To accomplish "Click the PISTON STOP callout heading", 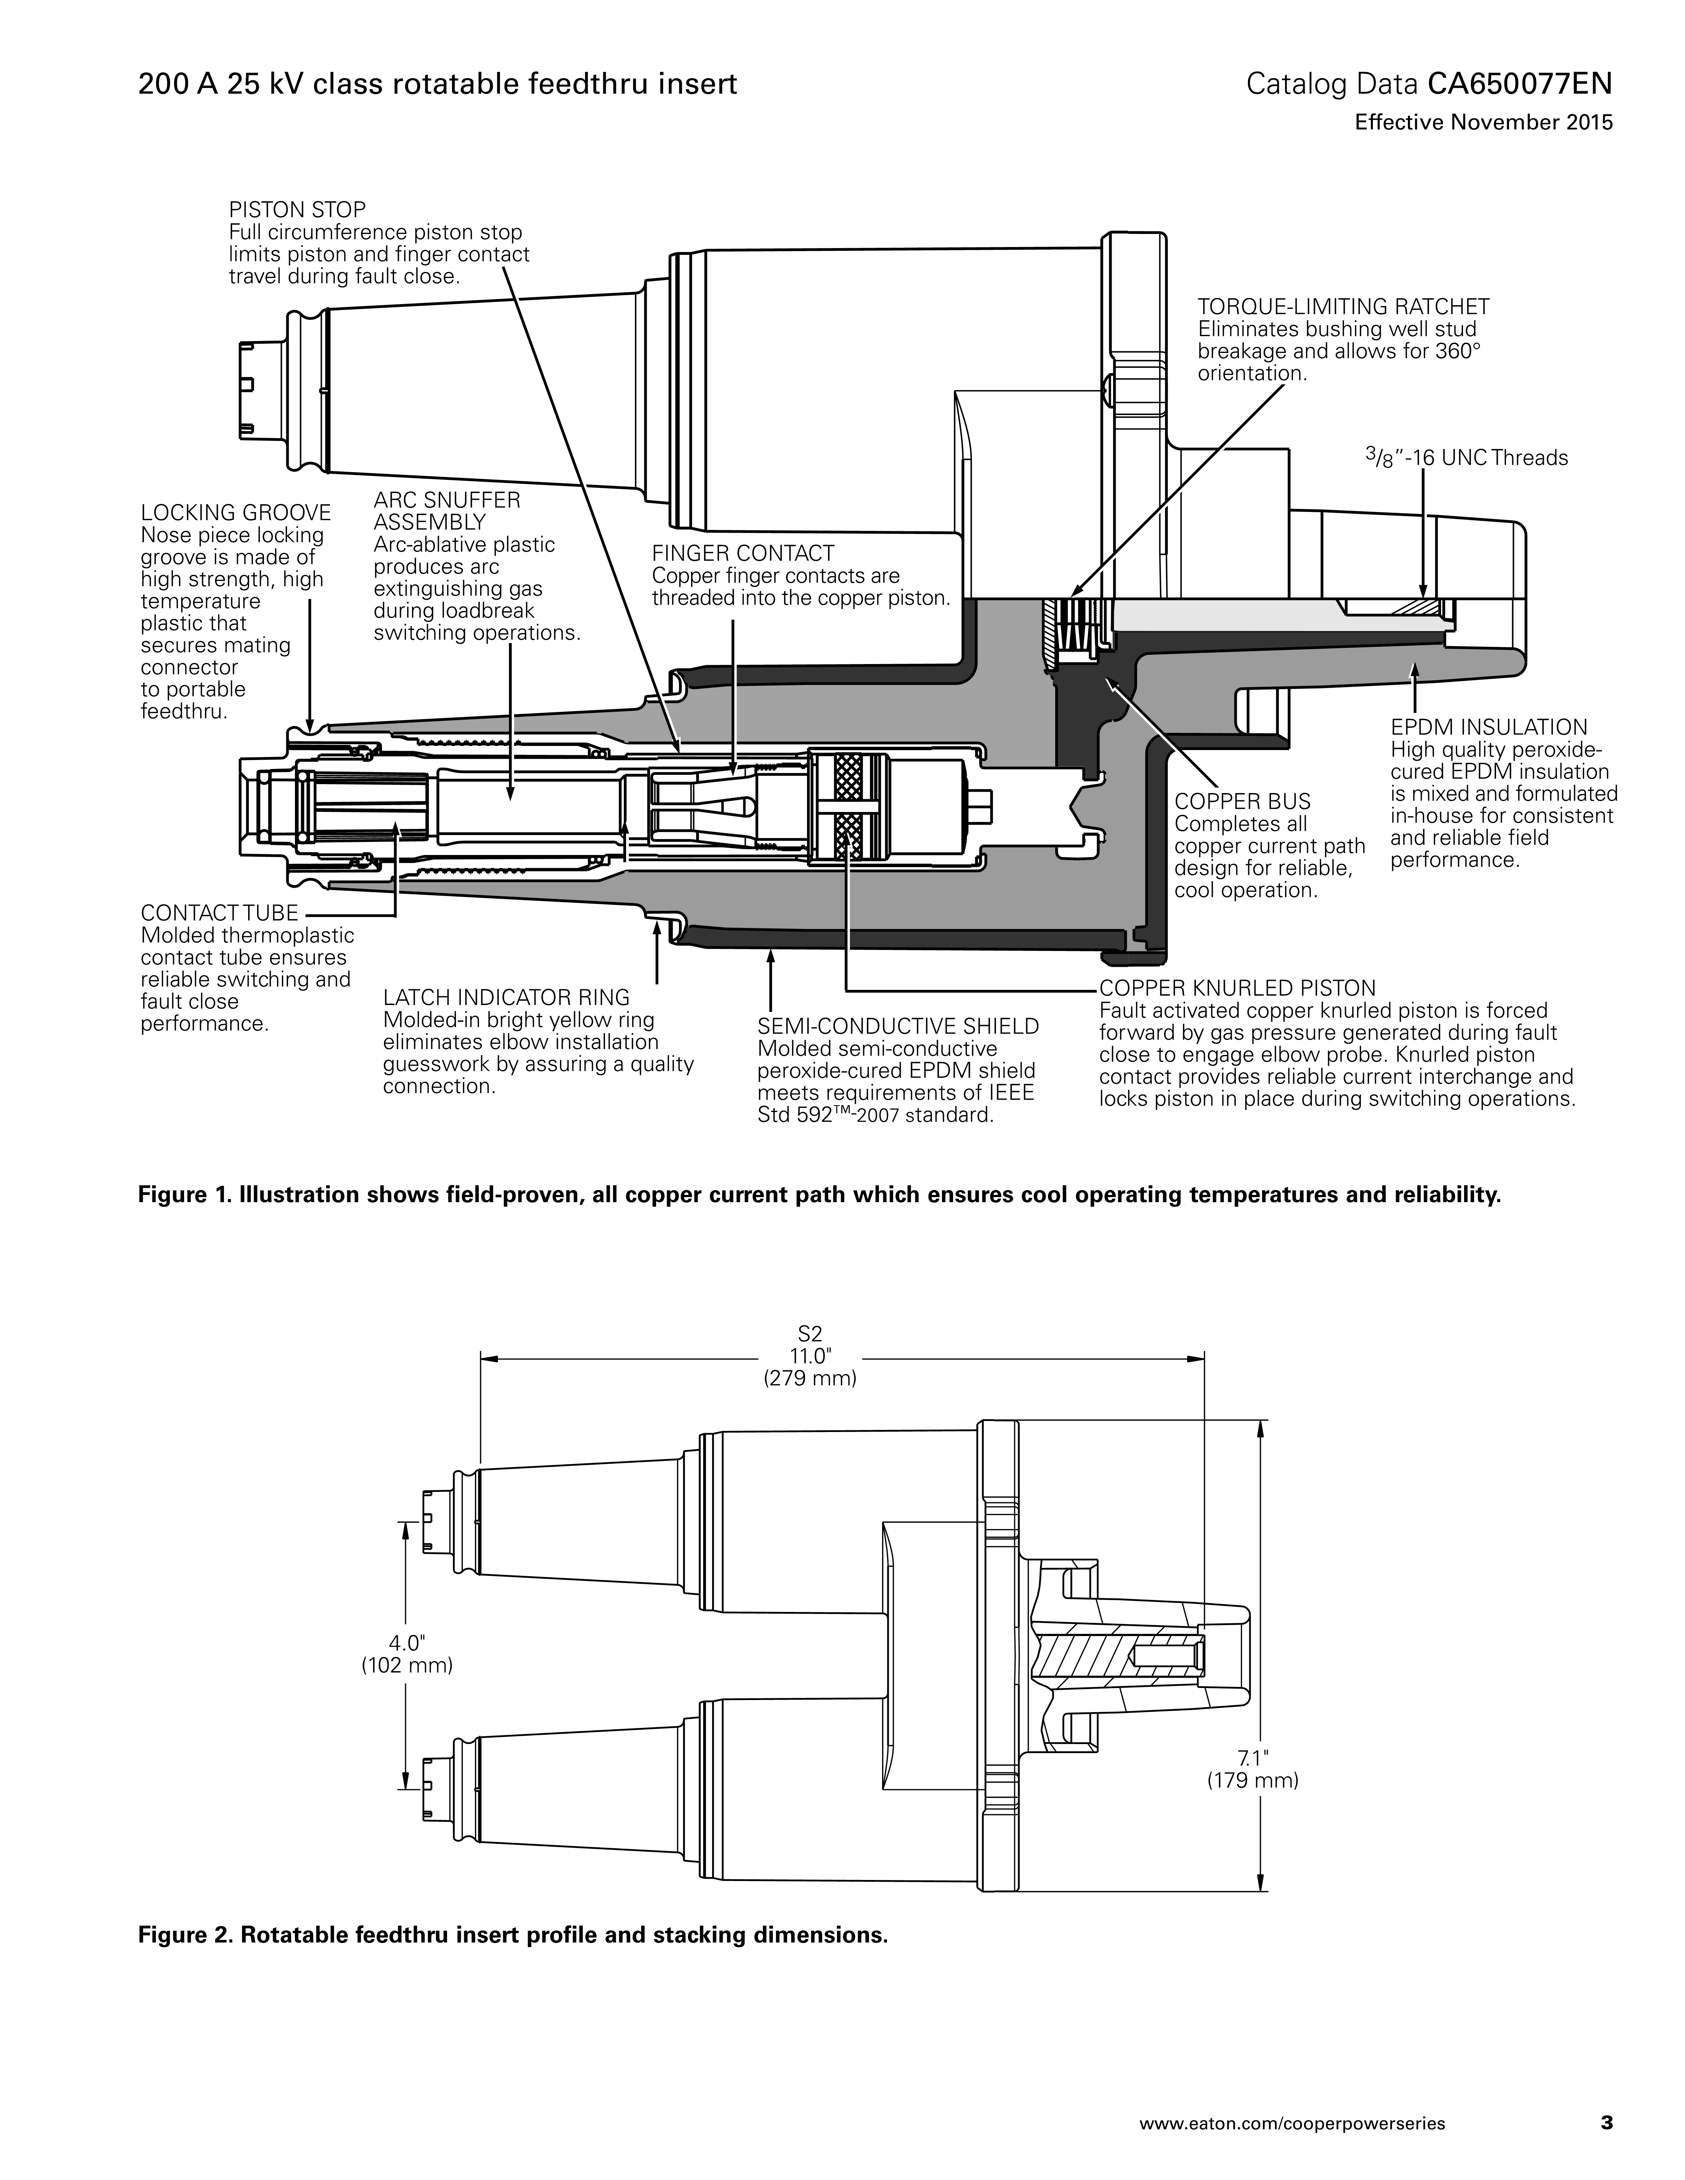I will click(x=297, y=210).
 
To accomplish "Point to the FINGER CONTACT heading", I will click(x=743, y=553).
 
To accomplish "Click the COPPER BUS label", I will click(x=1242, y=802).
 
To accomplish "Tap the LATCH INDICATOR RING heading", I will click(x=506, y=997).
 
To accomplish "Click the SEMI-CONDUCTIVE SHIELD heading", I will click(x=898, y=1026).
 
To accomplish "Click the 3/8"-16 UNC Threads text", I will click(x=1466, y=458).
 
